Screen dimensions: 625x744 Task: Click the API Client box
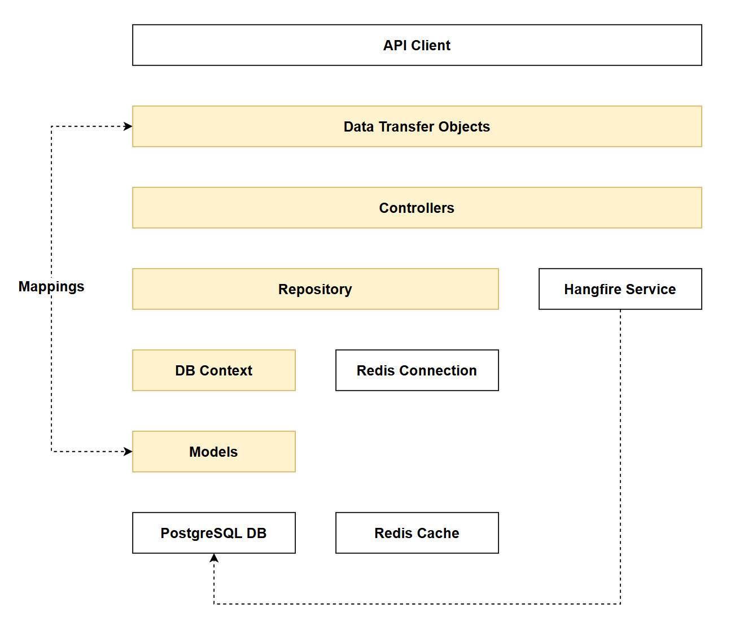[417, 45]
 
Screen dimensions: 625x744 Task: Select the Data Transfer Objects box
[417, 126]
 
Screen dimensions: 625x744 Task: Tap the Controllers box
[417, 208]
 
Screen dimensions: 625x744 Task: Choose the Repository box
[315, 289]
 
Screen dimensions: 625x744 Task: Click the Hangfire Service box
[620, 289]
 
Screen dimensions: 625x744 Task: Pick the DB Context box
[213, 370]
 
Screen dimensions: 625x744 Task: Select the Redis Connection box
[417, 370]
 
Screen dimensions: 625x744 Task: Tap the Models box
[213, 452]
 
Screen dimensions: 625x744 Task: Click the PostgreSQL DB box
[213, 533]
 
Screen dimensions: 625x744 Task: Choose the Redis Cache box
[417, 533]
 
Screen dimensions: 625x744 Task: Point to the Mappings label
[51, 287]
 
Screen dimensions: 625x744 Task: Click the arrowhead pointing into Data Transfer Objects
[128, 126]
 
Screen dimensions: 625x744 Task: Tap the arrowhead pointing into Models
[128, 452]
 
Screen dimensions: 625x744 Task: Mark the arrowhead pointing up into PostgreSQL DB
[214, 558]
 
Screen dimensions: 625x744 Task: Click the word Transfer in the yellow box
[406, 126]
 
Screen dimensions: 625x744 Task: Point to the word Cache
[439, 533]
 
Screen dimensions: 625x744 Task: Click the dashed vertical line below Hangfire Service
[620, 452]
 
